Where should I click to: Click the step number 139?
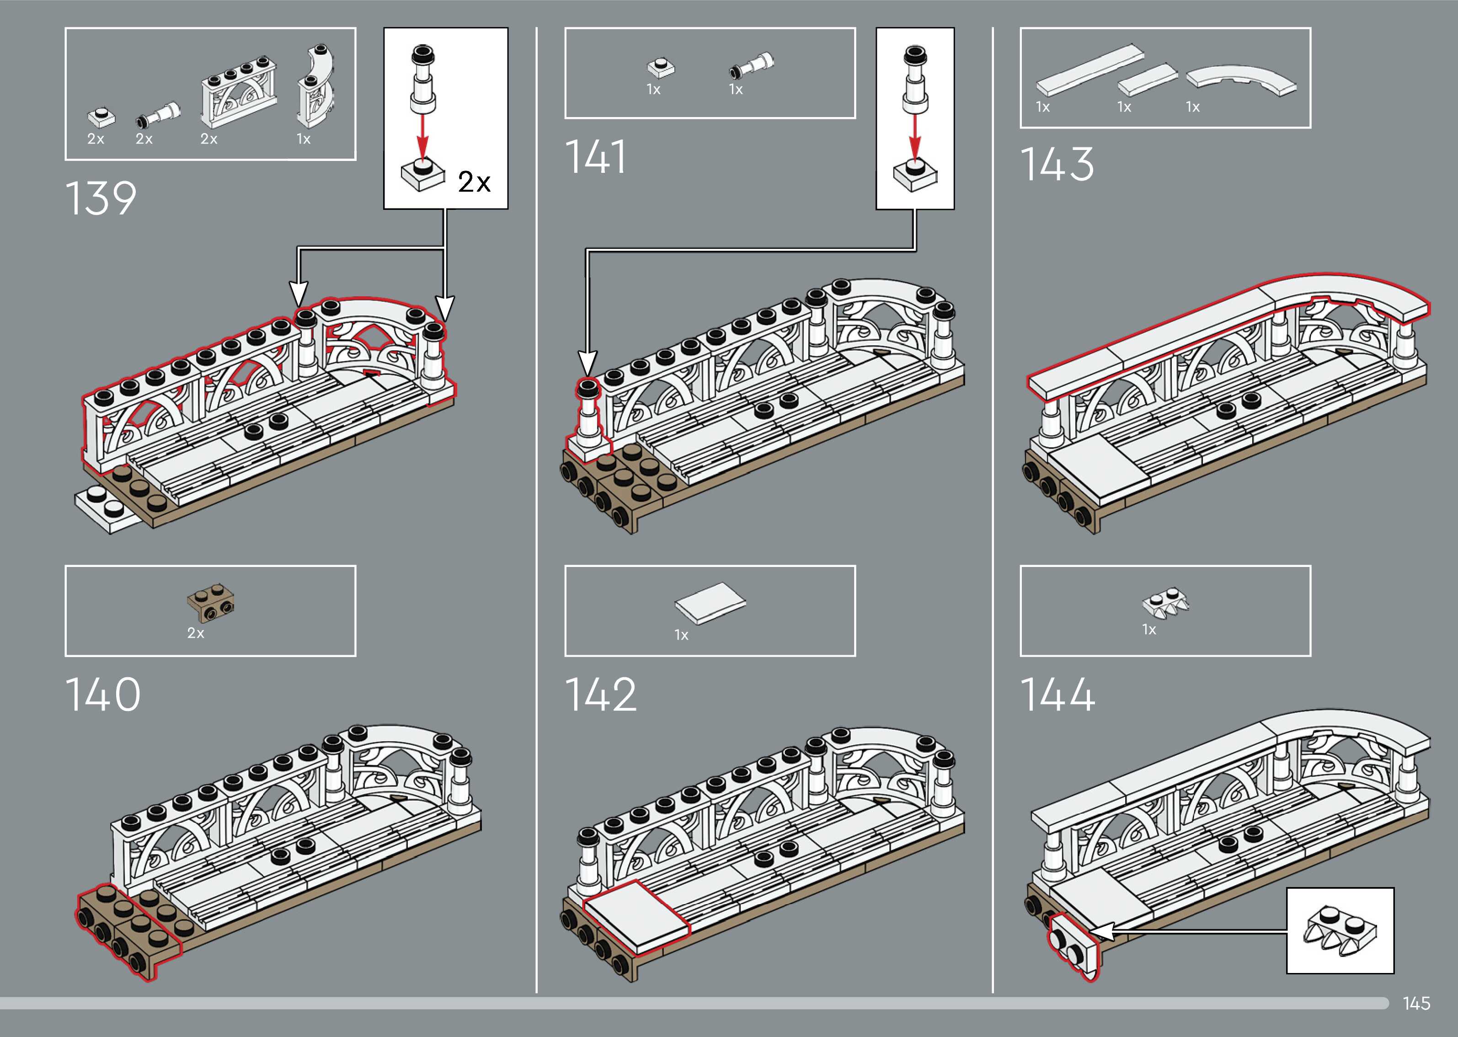click(x=101, y=198)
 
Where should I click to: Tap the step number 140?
click(x=103, y=695)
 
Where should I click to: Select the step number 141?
click(x=596, y=157)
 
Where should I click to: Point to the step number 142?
click(x=601, y=695)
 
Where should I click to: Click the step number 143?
click(x=1057, y=164)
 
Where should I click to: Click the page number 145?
click(x=1416, y=1003)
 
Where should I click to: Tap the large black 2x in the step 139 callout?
click(x=474, y=182)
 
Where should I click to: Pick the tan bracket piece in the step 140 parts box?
click(x=211, y=603)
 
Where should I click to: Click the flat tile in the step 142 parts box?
click(x=710, y=602)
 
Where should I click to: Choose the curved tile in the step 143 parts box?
click(x=1242, y=80)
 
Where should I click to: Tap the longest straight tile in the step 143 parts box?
click(x=1089, y=70)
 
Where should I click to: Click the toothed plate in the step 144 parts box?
click(x=1166, y=602)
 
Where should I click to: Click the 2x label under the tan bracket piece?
click(x=195, y=633)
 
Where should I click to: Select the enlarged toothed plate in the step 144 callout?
click(x=1339, y=930)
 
